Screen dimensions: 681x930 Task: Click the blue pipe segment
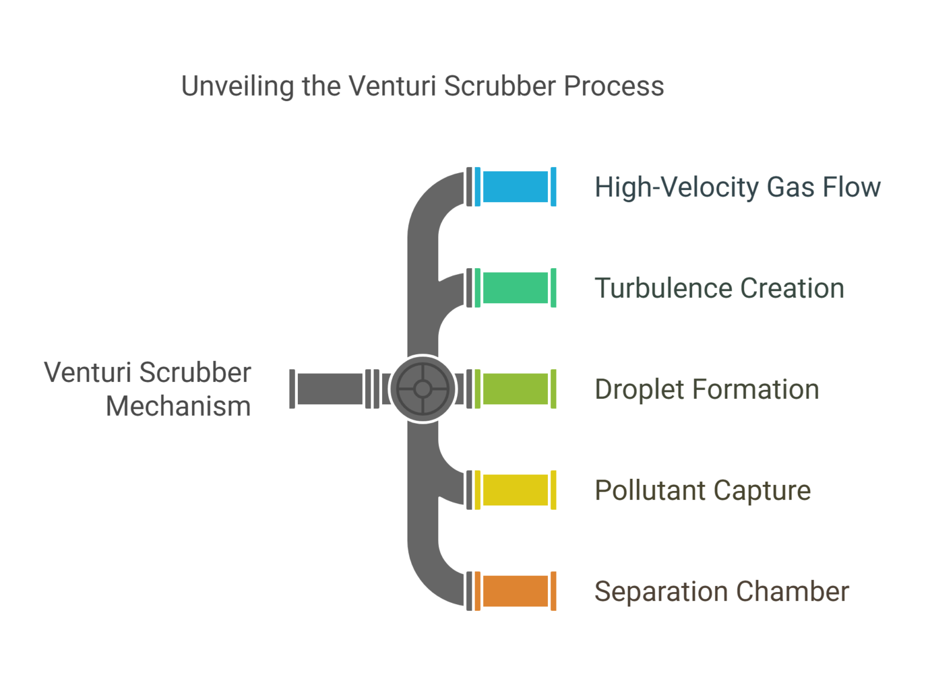pos(515,186)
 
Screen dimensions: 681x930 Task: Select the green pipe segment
pos(515,288)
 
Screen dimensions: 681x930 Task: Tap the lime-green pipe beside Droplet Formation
pos(515,389)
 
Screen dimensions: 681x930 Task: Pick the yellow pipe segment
pos(515,490)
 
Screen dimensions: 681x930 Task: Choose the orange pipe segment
pos(515,591)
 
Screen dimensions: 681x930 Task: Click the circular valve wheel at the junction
pos(423,389)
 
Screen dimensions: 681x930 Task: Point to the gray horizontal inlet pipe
pos(330,389)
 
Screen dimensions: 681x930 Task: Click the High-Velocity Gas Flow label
pos(737,187)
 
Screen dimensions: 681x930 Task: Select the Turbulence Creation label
pos(719,288)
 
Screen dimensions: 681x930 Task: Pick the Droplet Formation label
pos(707,389)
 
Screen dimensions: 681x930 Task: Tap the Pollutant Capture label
pos(702,490)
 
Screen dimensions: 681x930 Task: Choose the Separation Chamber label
pos(721,591)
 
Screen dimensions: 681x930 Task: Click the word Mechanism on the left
pos(178,406)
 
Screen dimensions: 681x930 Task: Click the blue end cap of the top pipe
pos(553,186)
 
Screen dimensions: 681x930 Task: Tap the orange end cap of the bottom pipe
pos(553,591)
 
